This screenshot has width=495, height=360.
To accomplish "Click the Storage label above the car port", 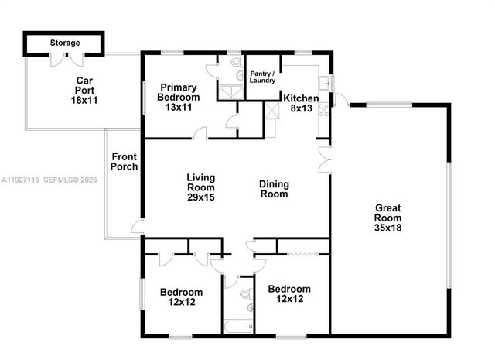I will pyautogui.click(x=64, y=43).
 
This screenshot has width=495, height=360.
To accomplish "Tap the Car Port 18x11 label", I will pyautogui.click(x=84, y=90).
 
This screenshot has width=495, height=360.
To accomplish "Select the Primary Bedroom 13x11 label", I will pyautogui.click(x=179, y=98).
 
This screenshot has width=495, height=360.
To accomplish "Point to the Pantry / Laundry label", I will pyautogui.click(x=262, y=77).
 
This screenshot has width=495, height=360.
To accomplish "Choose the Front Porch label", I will pyautogui.click(x=125, y=162).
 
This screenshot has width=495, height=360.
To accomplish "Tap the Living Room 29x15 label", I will pyautogui.click(x=200, y=188).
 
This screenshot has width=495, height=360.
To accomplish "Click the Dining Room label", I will pyautogui.click(x=274, y=189).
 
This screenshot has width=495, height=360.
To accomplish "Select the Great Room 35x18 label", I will pyautogui.click(x=389, y=218).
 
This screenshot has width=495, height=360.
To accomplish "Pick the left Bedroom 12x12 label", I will pyautogui.click(x=181, y=297).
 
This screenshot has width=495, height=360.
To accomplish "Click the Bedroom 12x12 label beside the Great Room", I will pyautogui.click(x=289, y=294).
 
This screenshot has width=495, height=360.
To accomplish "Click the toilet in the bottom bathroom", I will pyautogui.click(x=245, y=295).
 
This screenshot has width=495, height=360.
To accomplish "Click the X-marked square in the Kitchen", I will pyautogui.click(x=271, y=109).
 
